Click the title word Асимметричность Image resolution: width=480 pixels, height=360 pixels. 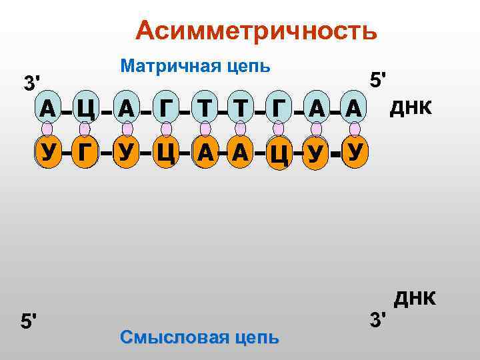[256, 31]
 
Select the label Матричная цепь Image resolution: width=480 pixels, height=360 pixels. [195, 66]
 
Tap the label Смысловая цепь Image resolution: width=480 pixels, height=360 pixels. [199, 337]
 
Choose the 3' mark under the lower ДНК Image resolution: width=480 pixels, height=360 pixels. [378, 320]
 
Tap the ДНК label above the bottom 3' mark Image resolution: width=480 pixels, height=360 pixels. [415, 298]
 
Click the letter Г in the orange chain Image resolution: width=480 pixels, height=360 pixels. [85, 153]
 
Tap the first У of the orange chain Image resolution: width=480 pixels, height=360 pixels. [47, 153]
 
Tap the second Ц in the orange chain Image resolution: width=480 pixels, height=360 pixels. [279, 155]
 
